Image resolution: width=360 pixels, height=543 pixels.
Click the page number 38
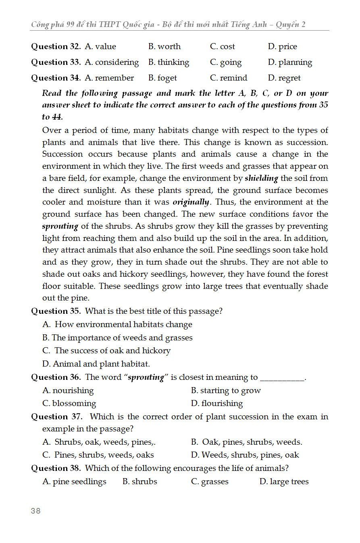coord(35,511)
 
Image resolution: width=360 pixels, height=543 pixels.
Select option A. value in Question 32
coord(100,47)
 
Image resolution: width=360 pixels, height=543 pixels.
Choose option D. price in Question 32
coord(282,47)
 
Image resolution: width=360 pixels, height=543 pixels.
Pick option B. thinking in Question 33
coord(169,62)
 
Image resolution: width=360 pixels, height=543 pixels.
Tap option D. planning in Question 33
coord(290,62)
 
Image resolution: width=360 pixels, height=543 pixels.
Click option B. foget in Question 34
coord(162,78)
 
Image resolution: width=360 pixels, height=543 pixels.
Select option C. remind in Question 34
coord(229,78)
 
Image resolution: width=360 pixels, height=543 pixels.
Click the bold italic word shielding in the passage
coord(261,178)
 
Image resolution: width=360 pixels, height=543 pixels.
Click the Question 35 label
coord(56,311)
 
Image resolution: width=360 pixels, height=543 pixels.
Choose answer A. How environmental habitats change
coord(117,325)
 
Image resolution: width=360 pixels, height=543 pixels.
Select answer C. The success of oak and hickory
coord(106,351)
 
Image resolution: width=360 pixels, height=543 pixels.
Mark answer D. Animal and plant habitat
coord(96,364)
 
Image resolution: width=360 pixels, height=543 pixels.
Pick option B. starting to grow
coord(226,391)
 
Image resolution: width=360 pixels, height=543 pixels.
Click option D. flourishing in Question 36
coord(217,404)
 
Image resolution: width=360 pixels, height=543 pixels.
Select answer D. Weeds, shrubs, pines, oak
coord(245,455)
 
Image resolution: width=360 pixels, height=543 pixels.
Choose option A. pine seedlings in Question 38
coord(74,482)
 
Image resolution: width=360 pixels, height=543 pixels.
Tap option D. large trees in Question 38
coord(284,482)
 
